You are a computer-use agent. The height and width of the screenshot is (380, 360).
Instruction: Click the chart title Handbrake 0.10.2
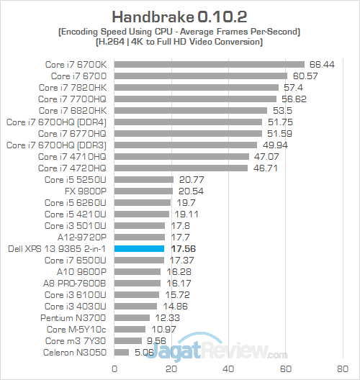[180, 15]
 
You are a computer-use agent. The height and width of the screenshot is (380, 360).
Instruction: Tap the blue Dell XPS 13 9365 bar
[140, 248]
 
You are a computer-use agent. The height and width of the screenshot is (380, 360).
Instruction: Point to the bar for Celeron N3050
[122, 352]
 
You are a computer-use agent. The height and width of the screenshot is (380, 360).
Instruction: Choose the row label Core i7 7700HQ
[72, 99]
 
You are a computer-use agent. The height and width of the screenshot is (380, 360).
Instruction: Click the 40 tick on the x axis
[229, 368]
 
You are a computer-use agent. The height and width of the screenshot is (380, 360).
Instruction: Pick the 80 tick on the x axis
[343, 368]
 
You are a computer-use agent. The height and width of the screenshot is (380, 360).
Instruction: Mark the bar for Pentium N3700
[132, 317]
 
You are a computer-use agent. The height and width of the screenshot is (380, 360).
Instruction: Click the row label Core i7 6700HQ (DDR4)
[56, 122]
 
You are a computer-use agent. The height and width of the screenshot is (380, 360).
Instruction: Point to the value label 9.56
[158, 340]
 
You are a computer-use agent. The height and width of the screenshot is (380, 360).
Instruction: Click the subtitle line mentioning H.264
[180, 42]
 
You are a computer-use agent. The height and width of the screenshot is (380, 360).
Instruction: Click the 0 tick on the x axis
[114, 368]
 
